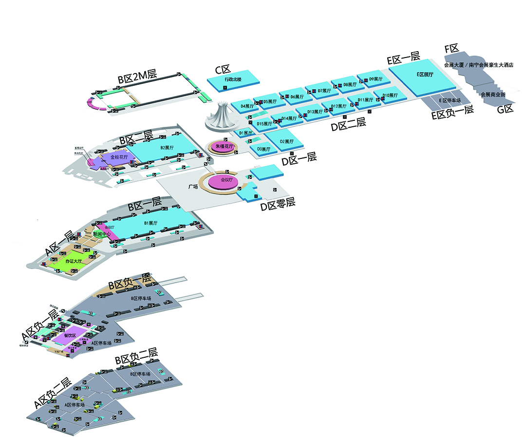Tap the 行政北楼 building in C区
point(233,80)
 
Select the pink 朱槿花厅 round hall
point(222,146)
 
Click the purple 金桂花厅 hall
point(118,158)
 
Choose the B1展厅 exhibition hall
point(151,224)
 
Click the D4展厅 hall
point(245,106)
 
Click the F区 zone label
point(452,49)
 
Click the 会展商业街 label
point(492,94)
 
